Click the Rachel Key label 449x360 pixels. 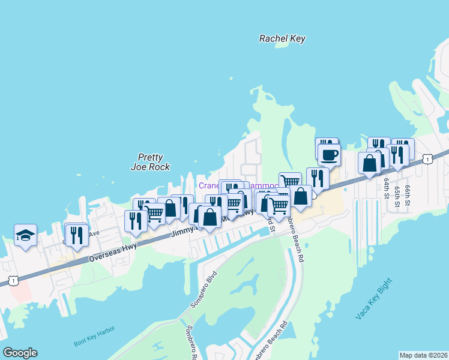coord(282,39)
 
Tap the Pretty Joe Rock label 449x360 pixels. coord(150,162)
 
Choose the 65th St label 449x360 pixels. coord(397,197)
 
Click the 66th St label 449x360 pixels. coord(407,194)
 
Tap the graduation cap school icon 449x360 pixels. coord(25,235)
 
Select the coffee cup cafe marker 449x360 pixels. coord(329,155)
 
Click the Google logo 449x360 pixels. coord(20,353)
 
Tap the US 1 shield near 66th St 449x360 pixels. coord(427,158)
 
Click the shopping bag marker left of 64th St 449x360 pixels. coord(369,163)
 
